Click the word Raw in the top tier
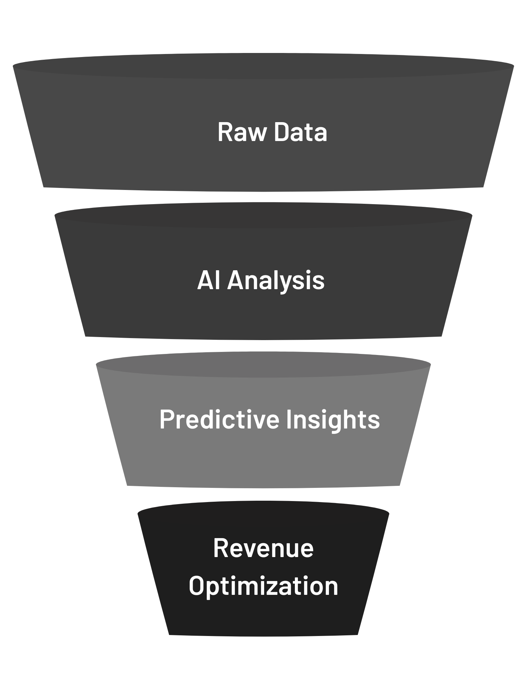[242, 132]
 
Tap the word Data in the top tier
[300, 132]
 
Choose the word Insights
[333, 420]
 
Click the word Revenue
[263, 548]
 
